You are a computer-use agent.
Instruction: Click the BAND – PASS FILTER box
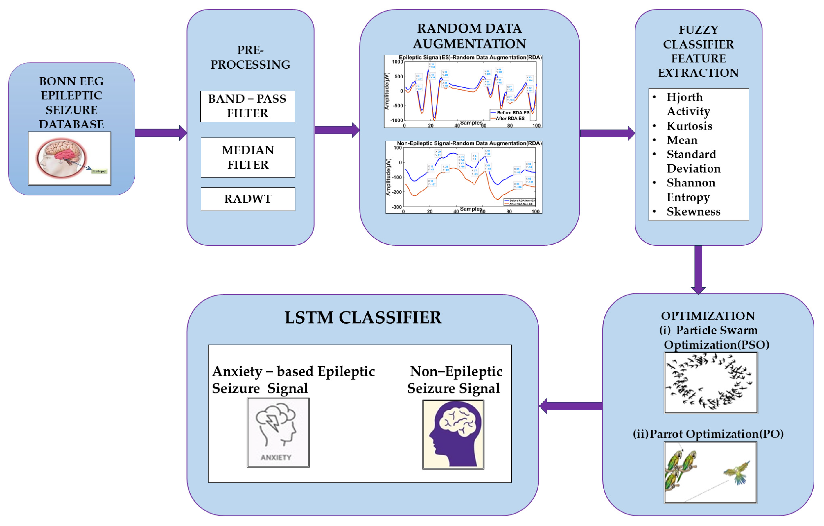(x=247, y=106)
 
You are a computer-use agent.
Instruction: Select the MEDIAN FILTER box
(x=248, y=157)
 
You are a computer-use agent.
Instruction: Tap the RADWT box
(x=248, y=199)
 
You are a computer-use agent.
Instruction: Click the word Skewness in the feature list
(x=693, y=211)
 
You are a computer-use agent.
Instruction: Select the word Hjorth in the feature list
(x=684, y=97)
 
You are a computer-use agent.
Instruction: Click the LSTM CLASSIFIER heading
(x=363, y=317)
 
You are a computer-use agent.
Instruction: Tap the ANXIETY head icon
(x=278, y=432)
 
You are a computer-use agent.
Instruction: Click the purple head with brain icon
(x=453, y=434)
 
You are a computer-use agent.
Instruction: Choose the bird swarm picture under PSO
(x=710, y=383)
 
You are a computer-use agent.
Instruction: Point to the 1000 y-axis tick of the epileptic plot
(x=397, y=62)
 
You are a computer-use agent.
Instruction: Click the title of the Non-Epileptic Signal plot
(x=469, y=143)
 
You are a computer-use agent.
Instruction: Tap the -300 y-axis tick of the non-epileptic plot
(x=396, y=207)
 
